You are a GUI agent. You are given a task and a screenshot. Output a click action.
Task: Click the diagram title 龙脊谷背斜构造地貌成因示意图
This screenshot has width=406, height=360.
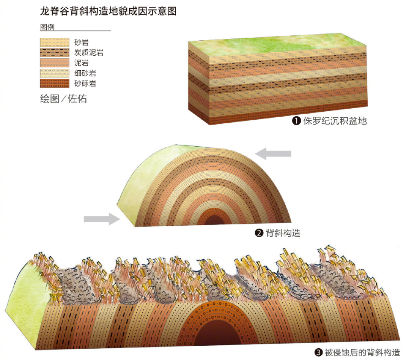pos(108,11)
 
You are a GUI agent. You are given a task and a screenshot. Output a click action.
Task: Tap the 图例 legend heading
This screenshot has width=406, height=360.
pos(47,27)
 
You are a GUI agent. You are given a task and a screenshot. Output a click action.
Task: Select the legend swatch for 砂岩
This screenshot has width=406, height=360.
pos(55,42)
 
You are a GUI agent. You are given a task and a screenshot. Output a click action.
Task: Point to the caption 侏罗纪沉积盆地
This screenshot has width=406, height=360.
pos(335,121)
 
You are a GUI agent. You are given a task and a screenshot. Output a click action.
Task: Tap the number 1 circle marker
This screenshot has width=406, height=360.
pos(297,121)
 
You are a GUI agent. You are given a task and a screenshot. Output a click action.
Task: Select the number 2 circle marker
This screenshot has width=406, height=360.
pos(259,233)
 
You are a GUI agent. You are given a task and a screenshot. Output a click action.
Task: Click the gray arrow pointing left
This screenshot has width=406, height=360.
pos(273,153)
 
